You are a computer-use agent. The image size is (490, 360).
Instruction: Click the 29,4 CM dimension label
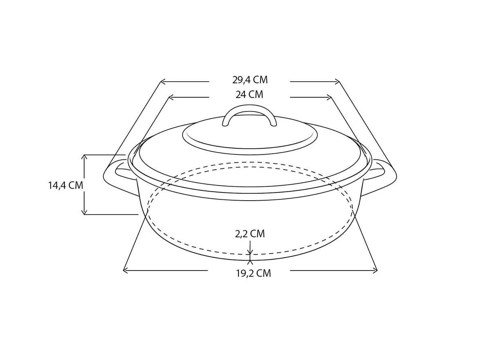pyautogui.click(x=249, y=80)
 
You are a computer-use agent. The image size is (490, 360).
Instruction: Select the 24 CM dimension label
pyautogui.click(x=249, y=95)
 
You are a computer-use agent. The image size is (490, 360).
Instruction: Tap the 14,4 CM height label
pyautogui.click(x=66, y=185)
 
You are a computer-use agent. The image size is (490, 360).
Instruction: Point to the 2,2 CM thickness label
pyautogui.click(x=250, y=234)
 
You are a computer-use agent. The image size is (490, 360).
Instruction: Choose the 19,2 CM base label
pyautogui.click(x=253, y=273)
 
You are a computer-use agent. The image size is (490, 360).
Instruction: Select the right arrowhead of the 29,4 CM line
pyautogui.click(x=337, y=82)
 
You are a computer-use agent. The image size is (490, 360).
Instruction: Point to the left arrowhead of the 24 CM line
pyautogui.click(x=171, y=97)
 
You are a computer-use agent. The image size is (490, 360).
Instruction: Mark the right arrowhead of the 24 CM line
pyautogui.click(x=329, y=97)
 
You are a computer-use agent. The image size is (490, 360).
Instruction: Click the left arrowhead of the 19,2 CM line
pyautogui.click(x=125, y=270)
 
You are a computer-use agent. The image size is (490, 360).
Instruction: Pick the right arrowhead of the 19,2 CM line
pyautogui.click(x=375, y=270)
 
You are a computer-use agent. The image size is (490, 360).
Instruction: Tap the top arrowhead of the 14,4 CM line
pyautogui.click(x=84, y=157)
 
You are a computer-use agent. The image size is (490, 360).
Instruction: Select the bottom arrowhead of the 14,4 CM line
pyautogui.click(x=84, y=212)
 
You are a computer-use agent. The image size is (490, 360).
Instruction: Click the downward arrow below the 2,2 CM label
pyautogui.click(x=250, y=250)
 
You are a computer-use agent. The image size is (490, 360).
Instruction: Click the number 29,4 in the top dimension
pyautogui.click(x=241, y=80)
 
